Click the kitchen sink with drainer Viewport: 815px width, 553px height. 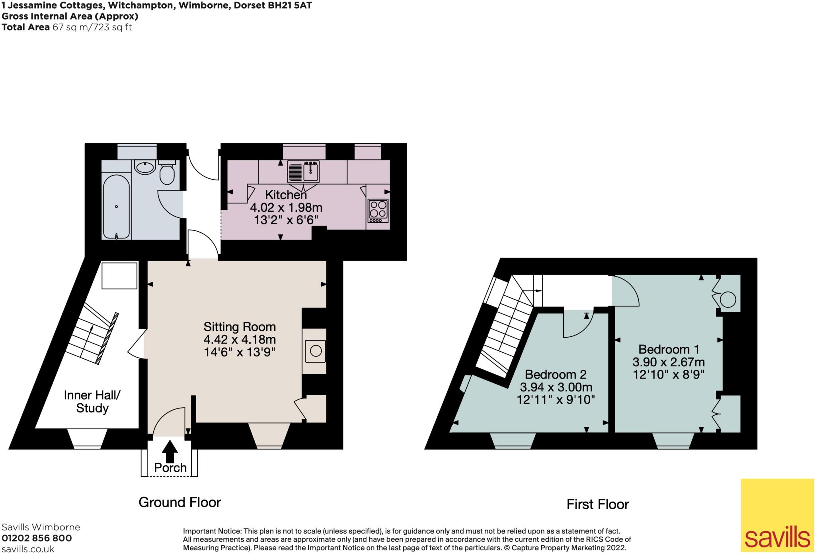(x=303, y=172)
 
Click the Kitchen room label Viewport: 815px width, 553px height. (x=286, y=195)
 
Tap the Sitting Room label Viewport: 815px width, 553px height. (x=240, y=327)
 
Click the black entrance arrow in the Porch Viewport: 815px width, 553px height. (x=170, y=451)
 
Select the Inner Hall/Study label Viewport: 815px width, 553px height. (x=92, y=401)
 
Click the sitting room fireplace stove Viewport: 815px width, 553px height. (x=316, y=351)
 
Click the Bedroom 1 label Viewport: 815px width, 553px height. (x=669, y=350)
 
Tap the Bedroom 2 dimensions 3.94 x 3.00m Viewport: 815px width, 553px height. (x=556, y=387)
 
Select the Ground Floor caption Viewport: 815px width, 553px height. (x=179, y=502)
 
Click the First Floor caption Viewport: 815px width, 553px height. (x=597, y=504)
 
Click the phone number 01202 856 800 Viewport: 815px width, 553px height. (x=37, y=538)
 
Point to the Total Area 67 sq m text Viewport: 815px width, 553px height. (x=67, y=27)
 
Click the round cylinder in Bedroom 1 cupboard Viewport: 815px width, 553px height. (x=728, y=300)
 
